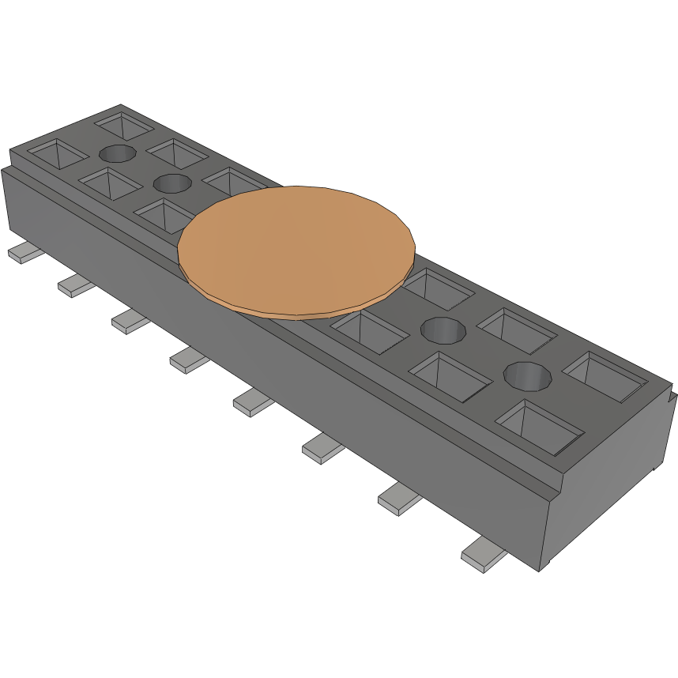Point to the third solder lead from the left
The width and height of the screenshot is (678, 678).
click(130, 321)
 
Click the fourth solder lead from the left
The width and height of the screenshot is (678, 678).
click(189, 360)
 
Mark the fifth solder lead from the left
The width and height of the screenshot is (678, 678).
click(253, 402)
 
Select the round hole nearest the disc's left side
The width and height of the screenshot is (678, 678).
click(171, 184)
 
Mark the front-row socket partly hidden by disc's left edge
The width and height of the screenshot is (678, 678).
click(162, 214)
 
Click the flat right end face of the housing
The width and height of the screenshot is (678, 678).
click(608, 482)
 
